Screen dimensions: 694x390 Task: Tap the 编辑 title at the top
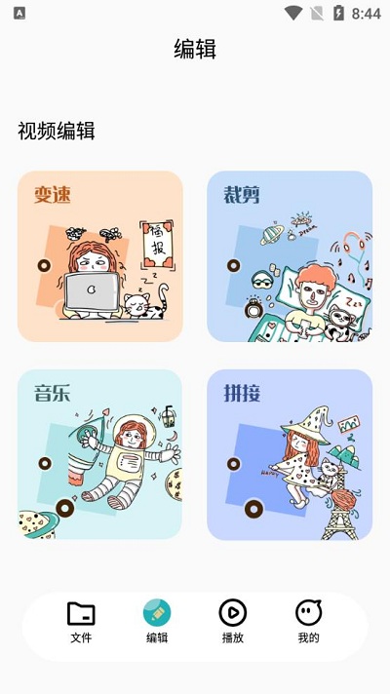[194, 50]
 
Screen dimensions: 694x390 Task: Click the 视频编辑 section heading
[57, 132]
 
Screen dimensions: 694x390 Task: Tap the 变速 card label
[53, 195]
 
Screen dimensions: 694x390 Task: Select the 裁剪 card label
[242, 195]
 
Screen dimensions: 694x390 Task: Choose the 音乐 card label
[53, 394]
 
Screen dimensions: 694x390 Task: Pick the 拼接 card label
[242, 394]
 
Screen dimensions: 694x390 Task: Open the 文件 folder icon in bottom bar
[81, 613]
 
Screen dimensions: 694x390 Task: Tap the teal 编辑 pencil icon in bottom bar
[157, 612]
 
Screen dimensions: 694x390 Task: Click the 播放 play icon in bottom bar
[232, 612]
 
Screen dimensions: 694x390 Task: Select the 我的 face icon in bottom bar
[308, 612]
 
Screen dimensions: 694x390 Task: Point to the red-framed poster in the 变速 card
[155, 243]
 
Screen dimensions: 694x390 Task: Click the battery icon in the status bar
[338, 14]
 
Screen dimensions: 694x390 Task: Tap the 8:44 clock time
[367, 14]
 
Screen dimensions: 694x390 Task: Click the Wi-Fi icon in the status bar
[292, 14]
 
